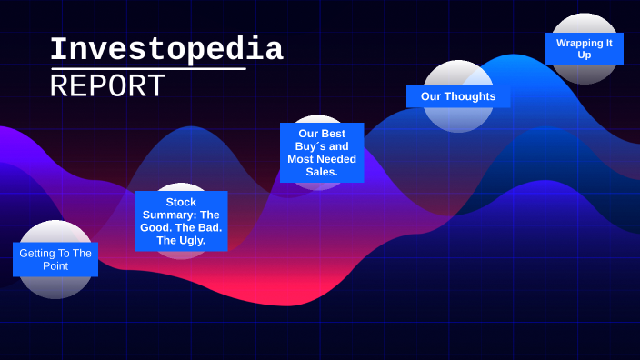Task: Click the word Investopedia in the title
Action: pyautogui.click(x=166, y=50)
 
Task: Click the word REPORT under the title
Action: pyautogui.click(x=107, y=86)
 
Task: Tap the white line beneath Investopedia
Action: pyautogui.click(x=148, y=68)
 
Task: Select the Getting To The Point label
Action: pyautogui.click(x=55, y=259)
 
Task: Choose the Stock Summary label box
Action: pyautogui.click(x=181, y=221)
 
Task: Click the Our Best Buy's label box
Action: pyautogui.click(x=322, y=153)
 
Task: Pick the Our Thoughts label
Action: pyautogui.click(x=458, y=96)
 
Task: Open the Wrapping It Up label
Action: pyautogui.click(x=584, y=48)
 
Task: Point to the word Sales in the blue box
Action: pyautogui.click(x=322, y=172)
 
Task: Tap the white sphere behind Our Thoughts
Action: pyautogui.click(x=458, y=120)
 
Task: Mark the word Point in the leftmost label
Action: pyautogui.click(x=55, y=265)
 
